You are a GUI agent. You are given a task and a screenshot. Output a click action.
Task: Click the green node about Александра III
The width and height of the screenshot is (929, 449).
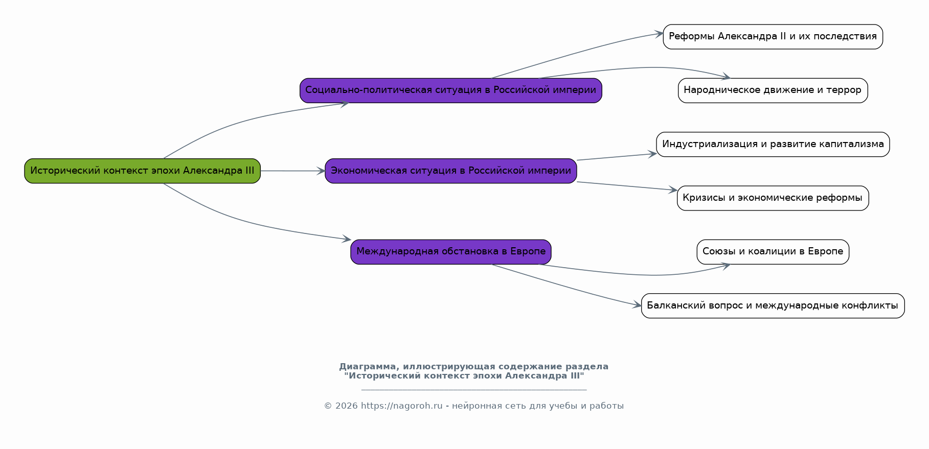[142, 171]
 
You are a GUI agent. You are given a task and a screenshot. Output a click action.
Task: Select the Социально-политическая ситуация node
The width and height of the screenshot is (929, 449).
[450, 90]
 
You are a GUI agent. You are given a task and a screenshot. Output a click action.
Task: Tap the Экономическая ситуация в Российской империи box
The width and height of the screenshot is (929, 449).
[450, 171]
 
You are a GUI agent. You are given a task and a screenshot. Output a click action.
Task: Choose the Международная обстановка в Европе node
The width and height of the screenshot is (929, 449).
[450, 252]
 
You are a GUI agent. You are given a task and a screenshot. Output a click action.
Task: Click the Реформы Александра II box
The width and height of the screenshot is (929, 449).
[773, 37]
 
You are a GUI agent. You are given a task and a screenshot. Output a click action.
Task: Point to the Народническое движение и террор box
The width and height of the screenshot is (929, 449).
[773, 90]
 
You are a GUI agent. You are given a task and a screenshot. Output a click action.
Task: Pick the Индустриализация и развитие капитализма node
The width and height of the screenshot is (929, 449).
[773, 144]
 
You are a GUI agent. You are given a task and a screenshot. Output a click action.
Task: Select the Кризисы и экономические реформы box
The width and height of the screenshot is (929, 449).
[773, 198]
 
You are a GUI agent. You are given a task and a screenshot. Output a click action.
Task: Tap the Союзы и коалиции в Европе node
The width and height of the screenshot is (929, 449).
[773, 252]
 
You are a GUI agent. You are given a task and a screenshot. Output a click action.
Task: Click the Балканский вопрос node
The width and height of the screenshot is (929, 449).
[773, 305]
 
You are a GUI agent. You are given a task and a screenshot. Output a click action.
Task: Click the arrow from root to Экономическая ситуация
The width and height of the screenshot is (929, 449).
[292, 171]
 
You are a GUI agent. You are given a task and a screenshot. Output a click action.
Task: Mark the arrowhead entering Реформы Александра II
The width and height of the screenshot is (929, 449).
[659, 34]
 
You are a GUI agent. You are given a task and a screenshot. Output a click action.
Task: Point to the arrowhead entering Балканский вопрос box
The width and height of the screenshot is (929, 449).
[637, 305]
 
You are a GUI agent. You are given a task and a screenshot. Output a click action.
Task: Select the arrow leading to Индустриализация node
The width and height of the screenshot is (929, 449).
[617, 157]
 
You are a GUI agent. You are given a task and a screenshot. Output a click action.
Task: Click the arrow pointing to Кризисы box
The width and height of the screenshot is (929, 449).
[627, 186]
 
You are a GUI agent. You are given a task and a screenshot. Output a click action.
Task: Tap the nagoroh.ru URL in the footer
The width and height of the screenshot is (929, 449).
[401, 406]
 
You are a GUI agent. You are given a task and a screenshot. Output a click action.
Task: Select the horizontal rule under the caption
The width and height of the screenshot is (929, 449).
[474, 390]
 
